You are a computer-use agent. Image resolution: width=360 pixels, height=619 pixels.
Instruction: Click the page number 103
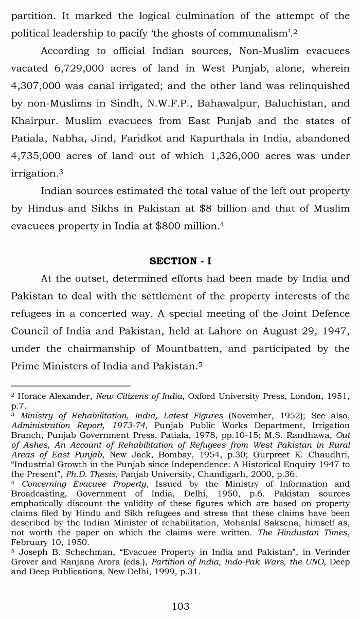coord(180,606)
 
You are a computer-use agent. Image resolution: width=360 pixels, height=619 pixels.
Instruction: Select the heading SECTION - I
coord(180,261)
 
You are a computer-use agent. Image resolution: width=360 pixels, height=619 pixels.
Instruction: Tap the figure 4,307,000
coord(35,86)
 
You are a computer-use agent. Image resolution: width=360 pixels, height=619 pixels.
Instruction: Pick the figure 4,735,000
coord(35,156)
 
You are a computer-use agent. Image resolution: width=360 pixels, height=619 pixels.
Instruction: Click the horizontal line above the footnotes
coord(70,386)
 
